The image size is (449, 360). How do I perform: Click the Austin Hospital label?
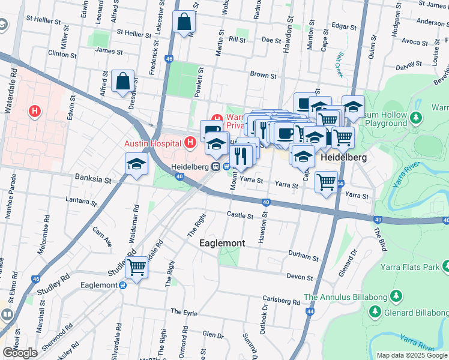[152, 143]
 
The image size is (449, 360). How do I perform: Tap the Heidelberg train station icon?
[214, 167]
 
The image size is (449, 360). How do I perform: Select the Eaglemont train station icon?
[122, 286]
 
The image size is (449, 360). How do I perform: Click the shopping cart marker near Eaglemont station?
[136, 267]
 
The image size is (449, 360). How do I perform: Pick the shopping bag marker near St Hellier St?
[184, 22]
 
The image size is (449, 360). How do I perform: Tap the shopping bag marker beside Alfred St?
[122, 82]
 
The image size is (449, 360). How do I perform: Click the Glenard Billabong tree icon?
[375, 312]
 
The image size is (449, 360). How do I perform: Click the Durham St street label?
[303, 257]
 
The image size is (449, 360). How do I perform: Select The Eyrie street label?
[184, 312]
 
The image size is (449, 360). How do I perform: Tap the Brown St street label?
[263, 76]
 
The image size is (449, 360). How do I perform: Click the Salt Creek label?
[340, 63]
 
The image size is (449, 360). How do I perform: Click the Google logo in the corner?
[20, 353]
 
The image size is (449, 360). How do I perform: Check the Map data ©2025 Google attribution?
[411, 355]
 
